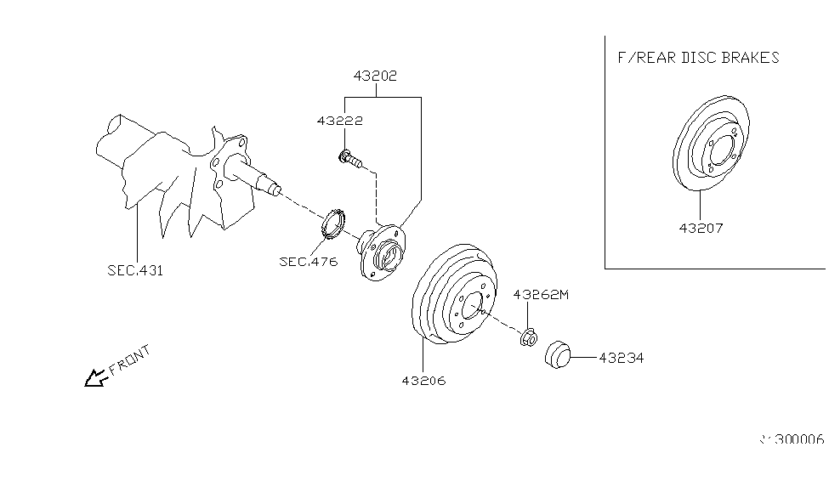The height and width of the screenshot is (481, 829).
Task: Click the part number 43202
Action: click(x=375, y=76)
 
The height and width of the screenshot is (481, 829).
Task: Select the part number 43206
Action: click(x=423, y=380)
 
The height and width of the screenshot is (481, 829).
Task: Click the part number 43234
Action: click(x=621, y=359)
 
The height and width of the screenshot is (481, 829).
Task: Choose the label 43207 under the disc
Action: click(x=701, y=228)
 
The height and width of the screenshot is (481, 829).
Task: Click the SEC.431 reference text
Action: click(x=135, y=271)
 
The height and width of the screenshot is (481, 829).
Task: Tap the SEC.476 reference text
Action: click(x=308, y=261)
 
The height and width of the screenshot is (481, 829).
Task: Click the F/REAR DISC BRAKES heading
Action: click(x=697, y=58)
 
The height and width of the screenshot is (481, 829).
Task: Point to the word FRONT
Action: click(x=130, y=360)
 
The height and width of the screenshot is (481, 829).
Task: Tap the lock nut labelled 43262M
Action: click(x=527, y=338)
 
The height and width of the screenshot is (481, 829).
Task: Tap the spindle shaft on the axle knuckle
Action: click(x=264, y=178)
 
